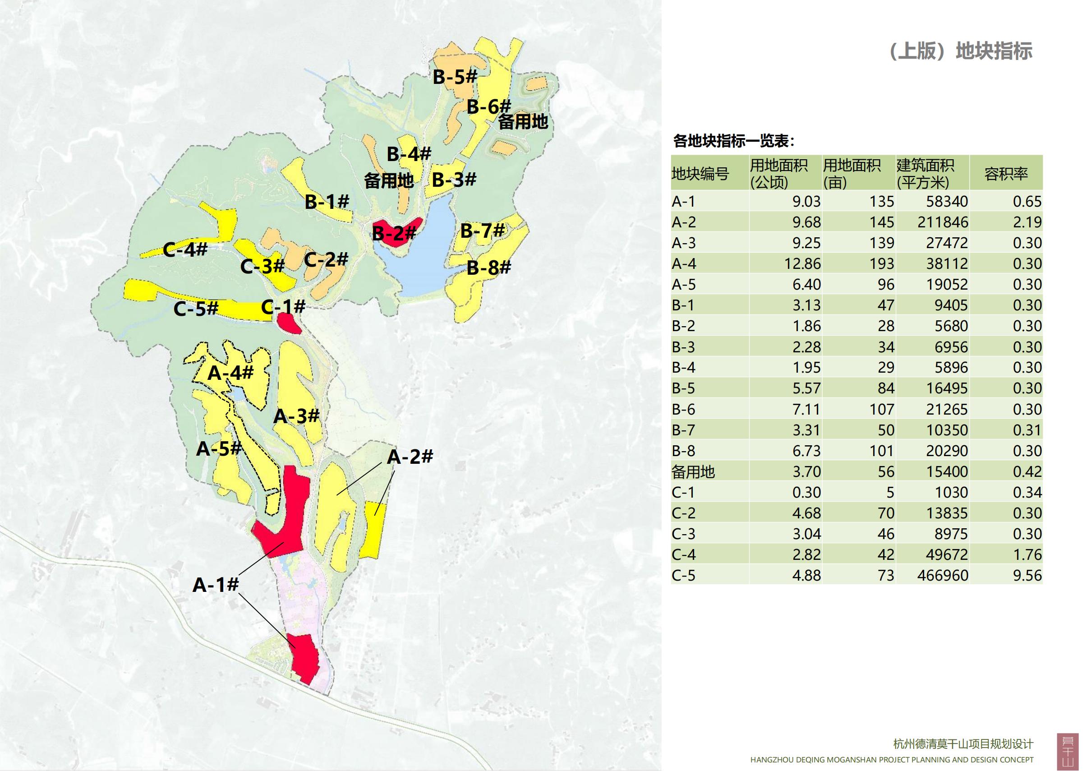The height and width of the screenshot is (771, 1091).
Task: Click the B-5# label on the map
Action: [x=454, y=77]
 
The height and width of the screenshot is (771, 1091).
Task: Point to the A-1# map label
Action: [x=215, y=585]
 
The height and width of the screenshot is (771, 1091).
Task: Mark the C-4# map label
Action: [x=185, y=249]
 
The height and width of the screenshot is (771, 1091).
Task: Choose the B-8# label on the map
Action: [x=488, y=268]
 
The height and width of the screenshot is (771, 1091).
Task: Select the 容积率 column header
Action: [x=1005, y=174]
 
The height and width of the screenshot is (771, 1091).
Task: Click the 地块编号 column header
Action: [x=700, y=174]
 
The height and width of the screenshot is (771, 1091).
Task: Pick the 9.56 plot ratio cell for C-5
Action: [x=1027, y=576]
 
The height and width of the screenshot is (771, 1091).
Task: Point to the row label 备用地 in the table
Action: [x=693, y=471]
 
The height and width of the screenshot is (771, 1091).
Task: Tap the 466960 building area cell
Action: [x=942, y=576]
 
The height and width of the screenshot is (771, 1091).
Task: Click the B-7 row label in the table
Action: [x=683, y=429]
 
